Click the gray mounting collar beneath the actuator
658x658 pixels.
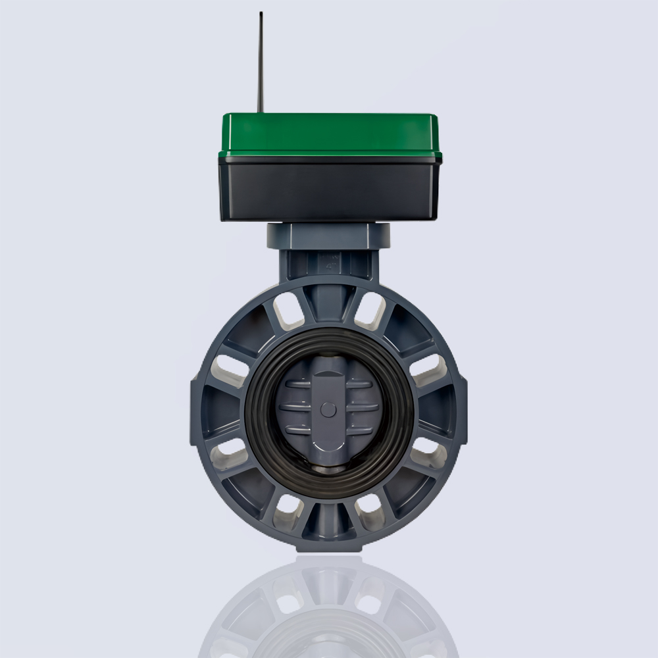tap(329, 235)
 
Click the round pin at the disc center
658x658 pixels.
tap(328, 410)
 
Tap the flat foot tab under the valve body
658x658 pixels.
tap(329, 547)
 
